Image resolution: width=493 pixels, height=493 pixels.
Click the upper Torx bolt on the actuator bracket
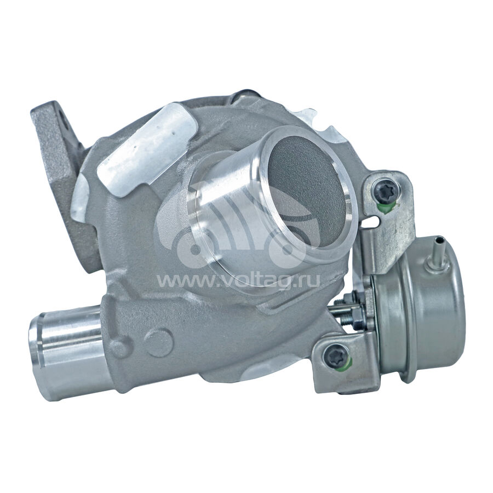(x=385, y=191)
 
